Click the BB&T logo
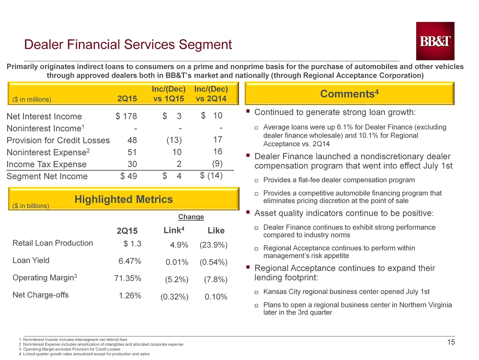(435, 41)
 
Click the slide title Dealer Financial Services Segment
(128, 45)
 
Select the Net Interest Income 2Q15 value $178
(126, 116)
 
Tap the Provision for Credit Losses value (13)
(174, 140)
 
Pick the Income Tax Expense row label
(46, 164)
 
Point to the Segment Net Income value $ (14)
(211, 176)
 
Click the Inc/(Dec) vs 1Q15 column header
(169, 94)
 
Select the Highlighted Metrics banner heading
(124, 199)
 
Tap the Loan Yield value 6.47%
(130, 261)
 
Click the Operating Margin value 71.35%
(128, 279)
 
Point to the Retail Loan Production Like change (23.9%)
(213, 245)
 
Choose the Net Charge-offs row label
(41, 295)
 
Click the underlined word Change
(191, 217)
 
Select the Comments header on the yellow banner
(350, 93)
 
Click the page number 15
(451, 342)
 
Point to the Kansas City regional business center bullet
(346, 291)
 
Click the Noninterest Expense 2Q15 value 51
(132, 152)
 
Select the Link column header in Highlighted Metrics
(174, 230)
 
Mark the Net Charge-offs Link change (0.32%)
(174, 297)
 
